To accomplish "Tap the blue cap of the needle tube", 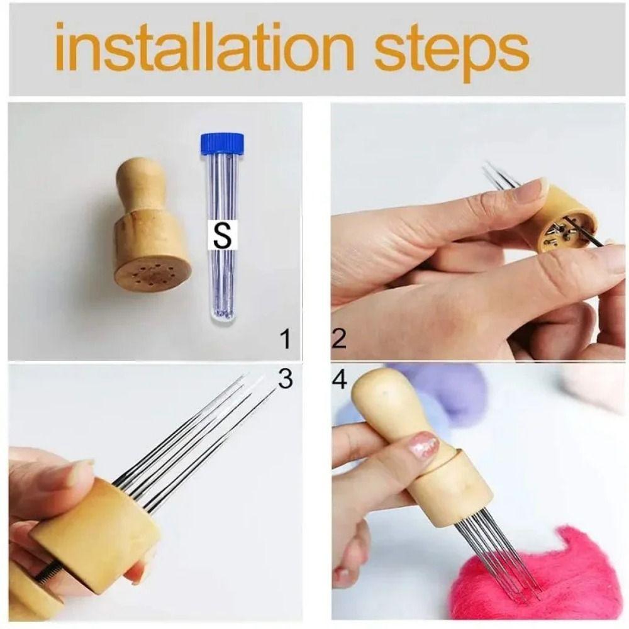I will pos(218,144).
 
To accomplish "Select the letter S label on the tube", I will pos(221,236).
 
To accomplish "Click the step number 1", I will pos(286,340).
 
